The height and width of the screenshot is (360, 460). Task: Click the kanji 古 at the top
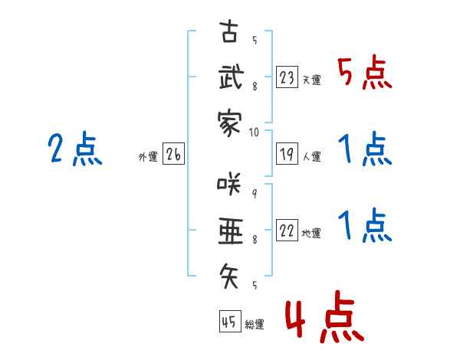point(229,31)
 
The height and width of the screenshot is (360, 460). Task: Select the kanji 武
point(231,77)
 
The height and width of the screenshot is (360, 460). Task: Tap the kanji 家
point(229,123)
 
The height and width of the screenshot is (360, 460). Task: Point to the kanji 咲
point(229,184)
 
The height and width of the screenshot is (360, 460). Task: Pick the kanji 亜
point(231,231)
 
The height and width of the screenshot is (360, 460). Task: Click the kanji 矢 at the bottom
point(229,276)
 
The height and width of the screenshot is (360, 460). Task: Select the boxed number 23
point(287,77)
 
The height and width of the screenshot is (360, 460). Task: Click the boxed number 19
point(287,154)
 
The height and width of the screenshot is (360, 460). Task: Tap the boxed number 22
point(287,230)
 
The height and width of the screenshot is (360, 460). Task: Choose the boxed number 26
point(173,154)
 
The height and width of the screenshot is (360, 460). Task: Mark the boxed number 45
point(230,321)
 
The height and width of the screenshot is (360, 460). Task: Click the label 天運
point(312,80)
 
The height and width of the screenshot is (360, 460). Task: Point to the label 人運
point(312,156)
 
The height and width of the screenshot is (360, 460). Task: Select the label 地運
point(311,233)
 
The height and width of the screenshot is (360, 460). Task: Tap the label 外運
point(148,156)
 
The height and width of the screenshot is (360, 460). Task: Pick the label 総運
point(255,324)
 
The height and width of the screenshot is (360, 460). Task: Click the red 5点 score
point(365,72)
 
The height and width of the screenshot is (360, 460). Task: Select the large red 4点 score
point(325,316)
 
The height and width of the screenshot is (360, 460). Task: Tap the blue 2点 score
point(75,149)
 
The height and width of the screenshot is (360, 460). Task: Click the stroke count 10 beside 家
point(254,133)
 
